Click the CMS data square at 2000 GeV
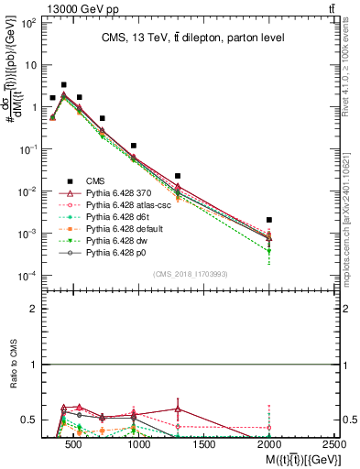(x=269, y=220)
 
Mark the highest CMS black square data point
(x=63, y=84)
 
